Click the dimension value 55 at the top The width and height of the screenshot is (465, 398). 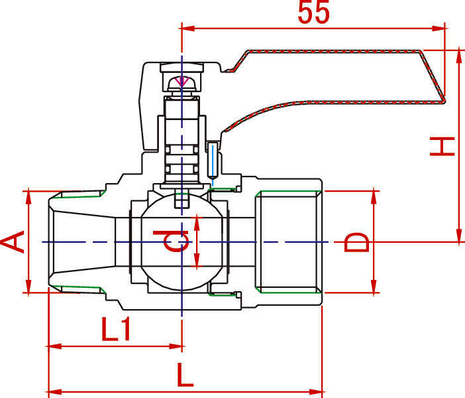coord(314,12)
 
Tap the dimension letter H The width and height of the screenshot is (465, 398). coord(442,147)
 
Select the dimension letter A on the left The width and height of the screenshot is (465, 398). coord(12,241)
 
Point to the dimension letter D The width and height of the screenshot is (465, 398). coord(356,242)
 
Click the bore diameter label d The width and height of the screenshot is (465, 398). coord(170,241)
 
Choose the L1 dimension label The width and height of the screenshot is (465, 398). coord(116,329)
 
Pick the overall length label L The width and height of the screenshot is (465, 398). coord(185,375)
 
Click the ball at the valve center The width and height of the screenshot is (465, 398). coord(181,241)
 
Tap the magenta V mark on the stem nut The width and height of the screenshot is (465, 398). coord(181,82)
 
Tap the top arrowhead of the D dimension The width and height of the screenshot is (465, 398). coord(374,198)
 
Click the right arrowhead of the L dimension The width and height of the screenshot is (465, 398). coord(315,392)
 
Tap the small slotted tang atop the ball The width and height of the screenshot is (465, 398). coord(181,200)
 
